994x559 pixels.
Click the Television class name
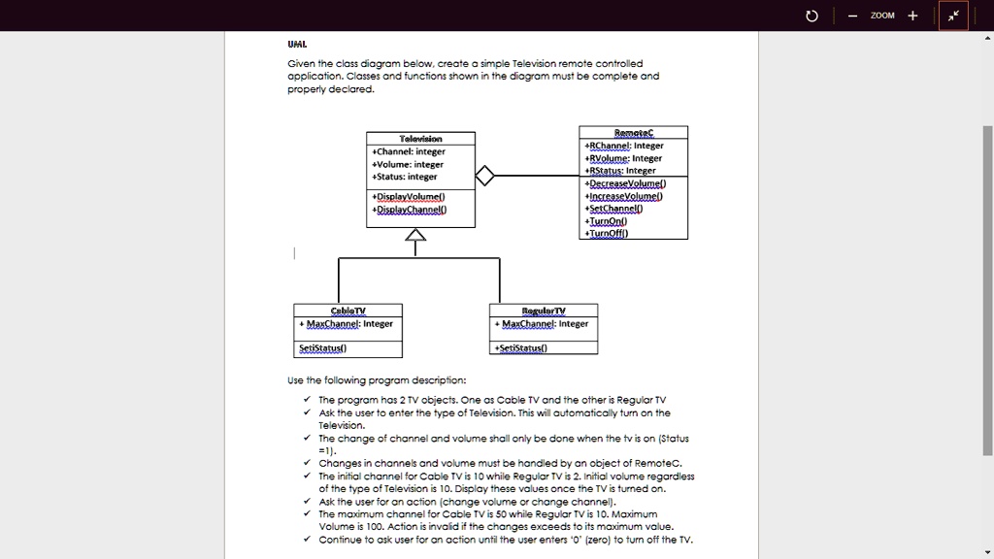coord(420,139)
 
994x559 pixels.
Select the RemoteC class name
coord(634,132)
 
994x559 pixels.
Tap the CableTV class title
coord(348,311)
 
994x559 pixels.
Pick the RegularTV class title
coord(545,311)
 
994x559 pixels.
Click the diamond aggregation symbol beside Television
coord(484,177)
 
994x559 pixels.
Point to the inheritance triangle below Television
coord(415,235)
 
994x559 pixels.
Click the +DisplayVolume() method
coord(409,196)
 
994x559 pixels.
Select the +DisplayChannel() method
coord(410,209)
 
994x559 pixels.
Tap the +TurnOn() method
coord(608,220)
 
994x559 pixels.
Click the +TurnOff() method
coord(609,233)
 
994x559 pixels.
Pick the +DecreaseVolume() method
coord(626,182)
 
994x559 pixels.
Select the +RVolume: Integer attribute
coord(624,158)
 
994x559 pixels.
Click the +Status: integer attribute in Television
coord(405,177)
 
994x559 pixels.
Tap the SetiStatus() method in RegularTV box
coord(522,348)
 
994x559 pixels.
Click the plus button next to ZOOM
coord(912,16)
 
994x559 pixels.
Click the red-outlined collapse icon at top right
coord(953,16)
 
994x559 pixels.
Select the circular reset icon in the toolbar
coord(812,16)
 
